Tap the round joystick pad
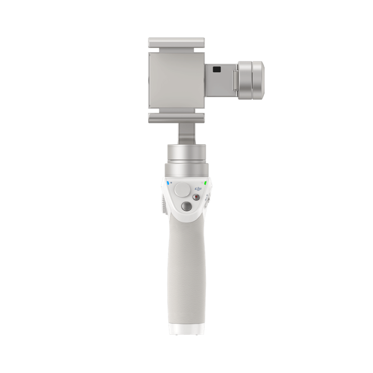181,191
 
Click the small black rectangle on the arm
216,69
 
